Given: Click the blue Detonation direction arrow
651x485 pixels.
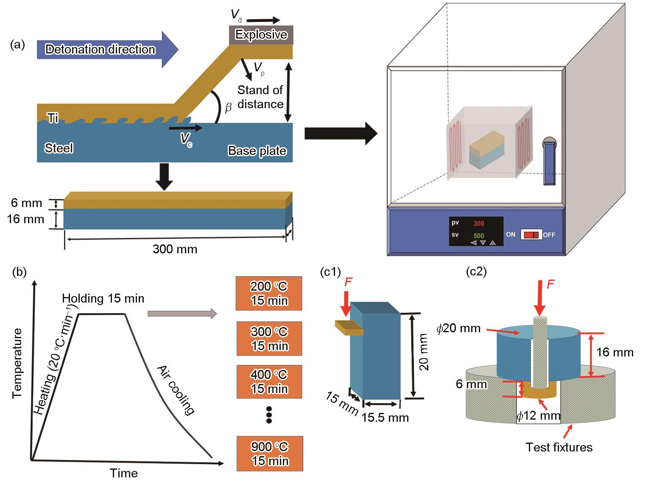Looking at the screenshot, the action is pyautogui.click(x=107, y=49).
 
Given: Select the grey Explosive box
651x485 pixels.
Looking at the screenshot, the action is pyautogui.click(x=261, y=35).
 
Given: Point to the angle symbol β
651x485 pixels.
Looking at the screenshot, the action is pyautogui.click(x=228, y=107).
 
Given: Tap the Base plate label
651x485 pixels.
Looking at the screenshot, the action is pyautogui.click(x=257, y=151).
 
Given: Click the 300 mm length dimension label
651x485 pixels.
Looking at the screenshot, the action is pyautogui.click(x=175, y=249).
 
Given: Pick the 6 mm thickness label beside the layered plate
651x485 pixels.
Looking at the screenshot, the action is pyautogui.click(x=26, y=203).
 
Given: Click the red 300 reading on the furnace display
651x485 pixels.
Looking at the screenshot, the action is pyautogui.click(x=479, y=224).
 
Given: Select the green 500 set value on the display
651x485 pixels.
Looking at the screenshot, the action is pyautogui.click(x=479, y=235).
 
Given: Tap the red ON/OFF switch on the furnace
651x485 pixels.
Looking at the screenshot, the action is pyautogui.click(x=531, y=235).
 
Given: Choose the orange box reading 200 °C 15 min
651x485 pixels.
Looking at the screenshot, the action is pyautogui.click(x=269, y=293).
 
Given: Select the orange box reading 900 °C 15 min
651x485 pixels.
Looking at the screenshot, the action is pyautogui.click(x=270, y=454).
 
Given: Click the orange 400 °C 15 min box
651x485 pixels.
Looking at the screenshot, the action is pyautogui.click(x=269, y=381).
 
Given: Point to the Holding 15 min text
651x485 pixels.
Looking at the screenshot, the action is pyautogui.click(x=103, y=298).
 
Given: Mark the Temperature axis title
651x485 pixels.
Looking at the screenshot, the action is pyautogui.click(x=17, y=363).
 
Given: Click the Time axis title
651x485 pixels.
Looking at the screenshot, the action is pyautogui.click(x=123, y=473).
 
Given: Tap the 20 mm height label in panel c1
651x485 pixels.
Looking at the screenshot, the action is pyautogui.click(x=424, y=352).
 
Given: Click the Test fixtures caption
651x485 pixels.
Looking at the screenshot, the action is pyautogui.click(x=559, y=447).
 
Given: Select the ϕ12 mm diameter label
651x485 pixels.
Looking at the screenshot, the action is pyautogui.click(x=539, y=416).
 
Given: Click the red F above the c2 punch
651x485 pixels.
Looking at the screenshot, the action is pyautogui.click(x=550, y=284).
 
